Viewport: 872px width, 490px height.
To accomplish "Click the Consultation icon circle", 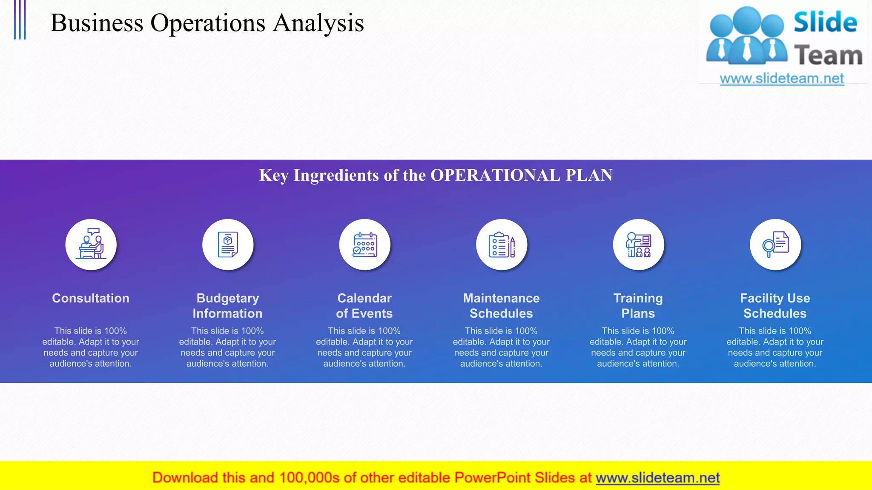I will tap(91, 245).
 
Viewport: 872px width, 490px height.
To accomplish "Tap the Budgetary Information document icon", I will tap(228, 245).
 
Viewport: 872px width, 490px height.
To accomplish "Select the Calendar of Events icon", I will tap(364, 245).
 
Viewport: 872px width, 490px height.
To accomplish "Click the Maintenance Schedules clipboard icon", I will tap(502, 245).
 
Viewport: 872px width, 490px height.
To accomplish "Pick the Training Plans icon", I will tap(638, 245).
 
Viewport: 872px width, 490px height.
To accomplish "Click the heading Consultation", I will tap(91, 298).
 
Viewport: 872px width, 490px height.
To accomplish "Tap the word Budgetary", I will tap(228, 298).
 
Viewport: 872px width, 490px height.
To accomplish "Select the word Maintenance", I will tap(501, 298).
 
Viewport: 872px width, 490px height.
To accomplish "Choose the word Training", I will tap(638, 298).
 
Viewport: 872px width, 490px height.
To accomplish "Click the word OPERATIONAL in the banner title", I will tap(495, 175).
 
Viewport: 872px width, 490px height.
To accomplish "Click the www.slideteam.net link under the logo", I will tap(782, 78).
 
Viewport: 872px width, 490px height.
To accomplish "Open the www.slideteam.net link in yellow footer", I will tap(657, 478).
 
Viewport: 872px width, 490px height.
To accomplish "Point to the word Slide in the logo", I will tap(825, 22).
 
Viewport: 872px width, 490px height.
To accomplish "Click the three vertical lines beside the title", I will tap(20, 20).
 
